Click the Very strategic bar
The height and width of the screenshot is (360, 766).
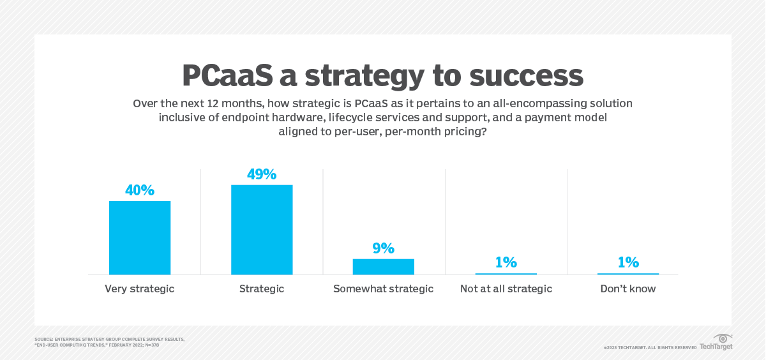(x=140, y=237)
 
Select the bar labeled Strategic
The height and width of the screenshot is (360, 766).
(x=262, y=230)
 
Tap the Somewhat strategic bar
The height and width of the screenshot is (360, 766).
(x=384, y=266)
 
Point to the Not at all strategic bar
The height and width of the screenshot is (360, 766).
(x=506, y=273)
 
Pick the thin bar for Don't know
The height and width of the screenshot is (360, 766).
(x=628, y=273)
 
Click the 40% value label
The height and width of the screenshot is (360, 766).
(x=140, y=190)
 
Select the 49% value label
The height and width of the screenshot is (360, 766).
(x=262, y=174)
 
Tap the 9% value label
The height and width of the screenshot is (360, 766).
(x=384, y=248)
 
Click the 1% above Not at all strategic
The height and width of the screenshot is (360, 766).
(x=506, y=262)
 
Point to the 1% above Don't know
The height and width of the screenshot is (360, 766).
(x=628, y=262)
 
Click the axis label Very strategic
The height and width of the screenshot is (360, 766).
(x=140, y=289)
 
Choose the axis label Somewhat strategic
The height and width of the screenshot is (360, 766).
(x=384, y=289)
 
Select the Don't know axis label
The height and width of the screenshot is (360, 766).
(x=628, y=289)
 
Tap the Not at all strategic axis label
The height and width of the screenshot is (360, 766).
(x=506, y=289)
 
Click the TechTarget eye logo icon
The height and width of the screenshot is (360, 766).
(x=723, y=338)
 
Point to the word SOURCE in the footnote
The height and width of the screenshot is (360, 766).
(x=44, y=339)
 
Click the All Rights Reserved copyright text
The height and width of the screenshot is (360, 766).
(x=670, y=348)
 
